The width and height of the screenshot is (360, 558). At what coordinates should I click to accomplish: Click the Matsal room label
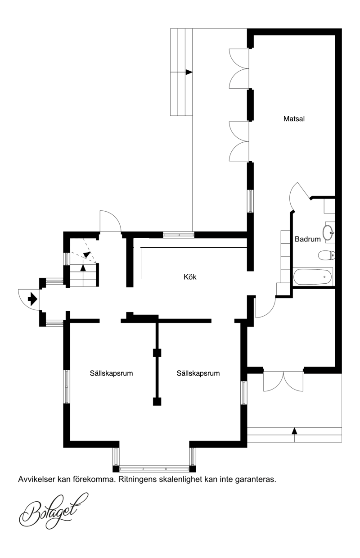(x=294, y=118)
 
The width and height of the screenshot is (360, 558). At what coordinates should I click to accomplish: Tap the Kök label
(x=190, y=277)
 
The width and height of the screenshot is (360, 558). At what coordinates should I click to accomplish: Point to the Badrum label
(x=307, y=239)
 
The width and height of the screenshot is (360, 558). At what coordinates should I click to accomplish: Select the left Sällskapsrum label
(x=111, y=373)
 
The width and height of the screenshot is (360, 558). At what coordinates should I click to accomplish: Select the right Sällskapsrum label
(x=198, y=373)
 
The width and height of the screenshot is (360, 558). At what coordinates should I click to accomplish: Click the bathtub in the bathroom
(x=312, y=277)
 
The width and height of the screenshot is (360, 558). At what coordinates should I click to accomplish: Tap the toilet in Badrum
(x=327, y=255)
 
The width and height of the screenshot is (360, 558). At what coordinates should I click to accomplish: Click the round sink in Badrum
(x=328, y=232)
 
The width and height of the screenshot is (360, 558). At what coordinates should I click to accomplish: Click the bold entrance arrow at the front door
(x=32, y=299)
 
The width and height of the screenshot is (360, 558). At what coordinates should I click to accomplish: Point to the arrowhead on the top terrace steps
(x=189, y=72)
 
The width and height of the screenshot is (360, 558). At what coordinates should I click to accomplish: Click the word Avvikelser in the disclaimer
(x=36, y=479)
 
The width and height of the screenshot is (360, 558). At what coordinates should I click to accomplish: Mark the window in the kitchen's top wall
(x=179, y=235)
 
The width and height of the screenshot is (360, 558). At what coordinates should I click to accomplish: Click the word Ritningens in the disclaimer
(x=134, y=480)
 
